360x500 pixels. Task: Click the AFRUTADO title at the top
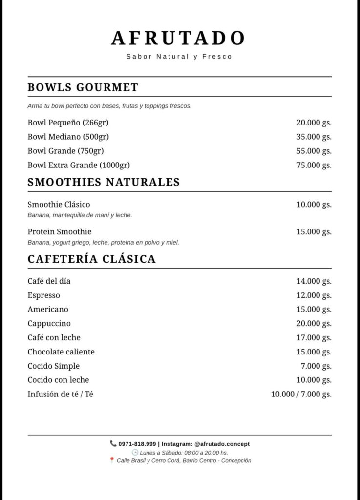click(x=179, y=38)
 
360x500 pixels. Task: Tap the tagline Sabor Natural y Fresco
click(x=179, y=57)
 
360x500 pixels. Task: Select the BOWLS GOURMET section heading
click(x=83, y=88)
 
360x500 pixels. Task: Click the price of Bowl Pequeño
click(x=314, y=123)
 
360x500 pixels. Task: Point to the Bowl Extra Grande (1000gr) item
click(x=79, y=165)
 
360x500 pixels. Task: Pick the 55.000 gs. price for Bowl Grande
click(x=314, y=151)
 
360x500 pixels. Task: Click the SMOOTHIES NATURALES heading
click(x=104, y=183)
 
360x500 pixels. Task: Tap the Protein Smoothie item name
click(x=60, y=231)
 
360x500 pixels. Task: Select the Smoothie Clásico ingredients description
click(x=80, y=215)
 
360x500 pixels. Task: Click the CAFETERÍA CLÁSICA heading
click(x=92, y=259)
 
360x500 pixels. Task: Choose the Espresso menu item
click(x=44, y=295)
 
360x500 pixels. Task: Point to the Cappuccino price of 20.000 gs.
click(x=314, y=324)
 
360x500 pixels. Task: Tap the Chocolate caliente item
click(x=61, y=352)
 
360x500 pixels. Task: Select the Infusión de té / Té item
click(x=60, y=394)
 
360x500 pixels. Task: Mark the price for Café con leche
click(x=314, y=338)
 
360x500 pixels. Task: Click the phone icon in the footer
click(x=113, y=444)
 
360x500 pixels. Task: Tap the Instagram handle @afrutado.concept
click(x=222, y=444)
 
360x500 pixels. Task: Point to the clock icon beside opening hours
click(x=135, y=453)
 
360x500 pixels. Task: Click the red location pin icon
click(x=112, y=460)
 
